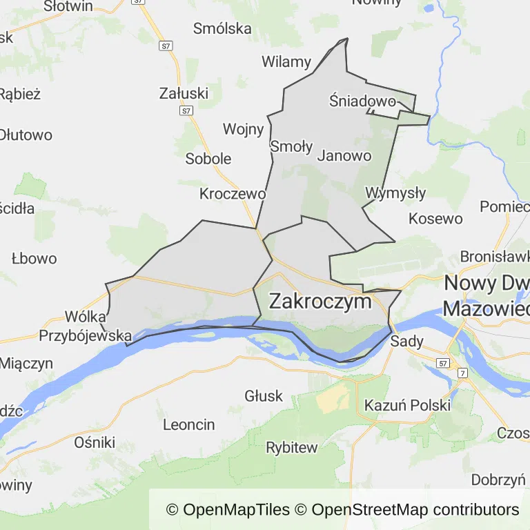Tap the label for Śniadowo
pyautogui.click(x=362, y=102)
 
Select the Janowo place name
pyautogui.click(x=344, y=155)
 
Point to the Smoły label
pyautogui.click(x=291, y=146)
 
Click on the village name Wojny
pyautogui.click(x=243, y=129)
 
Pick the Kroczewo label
pyautogui.click(x=233, y=193)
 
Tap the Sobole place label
pyautogui.click(x=208, y=159)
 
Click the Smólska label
pyautogui.click(x=222, y=28)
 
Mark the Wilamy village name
pyautogui.click(x=286, y=61)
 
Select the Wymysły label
pyautogui.click(x=395, y=193)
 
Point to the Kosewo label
pyautogui.click(x=435, y=219)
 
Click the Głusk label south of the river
pyautogui.click(x=264, y=395)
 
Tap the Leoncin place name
pyautogui.click(x=189, y=424)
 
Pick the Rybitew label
pyautogui.click(x=292, y=447)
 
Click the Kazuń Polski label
pyautogui.click(x=407, y=405)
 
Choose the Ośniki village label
pyautogui.click(x=95, y=442)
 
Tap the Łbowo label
pyautogui.click(x=34, y=259)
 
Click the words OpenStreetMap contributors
pyautogui.click(x=415, y=510)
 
